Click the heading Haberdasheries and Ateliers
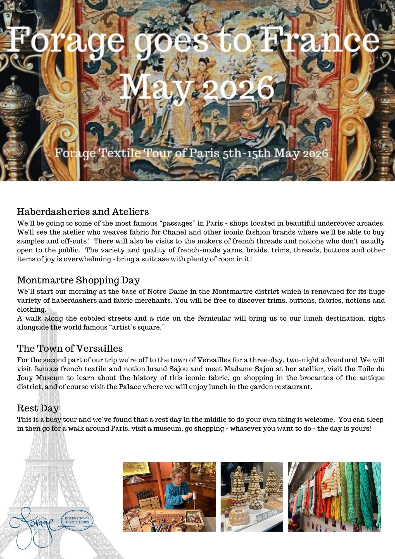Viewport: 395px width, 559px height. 83,212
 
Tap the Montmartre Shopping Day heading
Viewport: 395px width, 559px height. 78,280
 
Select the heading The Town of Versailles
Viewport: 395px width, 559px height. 70,348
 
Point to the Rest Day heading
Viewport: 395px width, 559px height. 38,408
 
